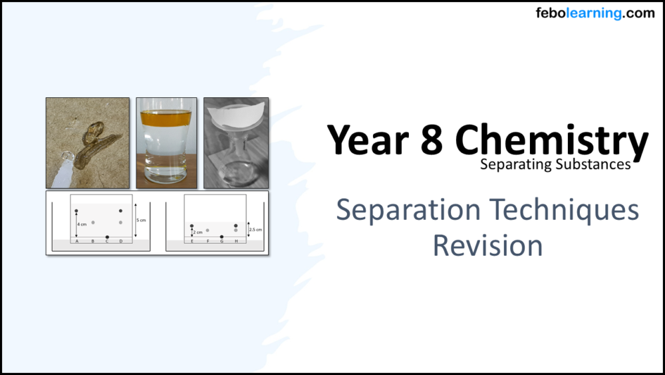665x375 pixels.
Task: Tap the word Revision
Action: coord(487,245)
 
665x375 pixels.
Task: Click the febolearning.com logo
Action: coord(595,13)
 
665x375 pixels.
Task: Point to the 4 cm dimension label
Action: coord(81,224)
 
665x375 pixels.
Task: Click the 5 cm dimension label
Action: coord(140,219)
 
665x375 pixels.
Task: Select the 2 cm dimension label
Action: coord(198,232)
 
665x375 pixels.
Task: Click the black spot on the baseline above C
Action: coord(107,236)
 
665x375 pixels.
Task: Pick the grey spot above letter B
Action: coord(93,222)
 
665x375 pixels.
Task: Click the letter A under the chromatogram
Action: coord(76,241)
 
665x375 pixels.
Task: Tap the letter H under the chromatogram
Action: coord(236,241)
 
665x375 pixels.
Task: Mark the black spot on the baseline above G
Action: coord(221,236)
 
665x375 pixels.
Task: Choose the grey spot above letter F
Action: coord(207,230)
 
